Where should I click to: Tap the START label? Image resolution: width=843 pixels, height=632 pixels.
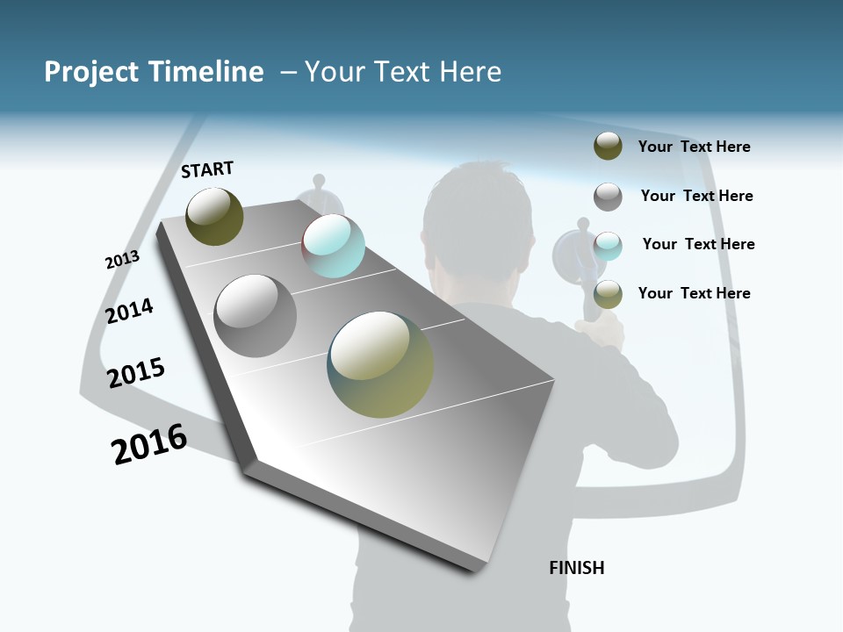[207, 169]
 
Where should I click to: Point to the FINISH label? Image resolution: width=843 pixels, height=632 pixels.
[576, 568]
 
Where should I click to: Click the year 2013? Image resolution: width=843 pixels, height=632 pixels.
[122, 260]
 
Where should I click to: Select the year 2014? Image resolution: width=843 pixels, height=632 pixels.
[129, 311]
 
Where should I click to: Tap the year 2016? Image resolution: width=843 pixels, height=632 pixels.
[149, 444]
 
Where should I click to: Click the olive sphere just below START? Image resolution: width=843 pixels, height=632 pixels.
[214, 216]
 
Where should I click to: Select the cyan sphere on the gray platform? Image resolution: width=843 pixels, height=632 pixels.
[333, 246]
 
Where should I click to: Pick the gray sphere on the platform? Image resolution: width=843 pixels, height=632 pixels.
[255, 316]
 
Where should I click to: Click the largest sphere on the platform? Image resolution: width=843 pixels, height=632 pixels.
[380, 364]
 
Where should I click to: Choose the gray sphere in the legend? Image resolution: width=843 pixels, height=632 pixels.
[608, 197]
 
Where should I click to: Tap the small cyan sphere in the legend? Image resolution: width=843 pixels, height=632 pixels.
[608, 246]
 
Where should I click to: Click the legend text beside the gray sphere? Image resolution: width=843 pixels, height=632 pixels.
[696, 196]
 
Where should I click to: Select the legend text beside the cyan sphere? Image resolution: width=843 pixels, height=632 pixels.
[698, 244]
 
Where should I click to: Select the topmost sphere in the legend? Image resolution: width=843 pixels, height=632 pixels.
[608, 146]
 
